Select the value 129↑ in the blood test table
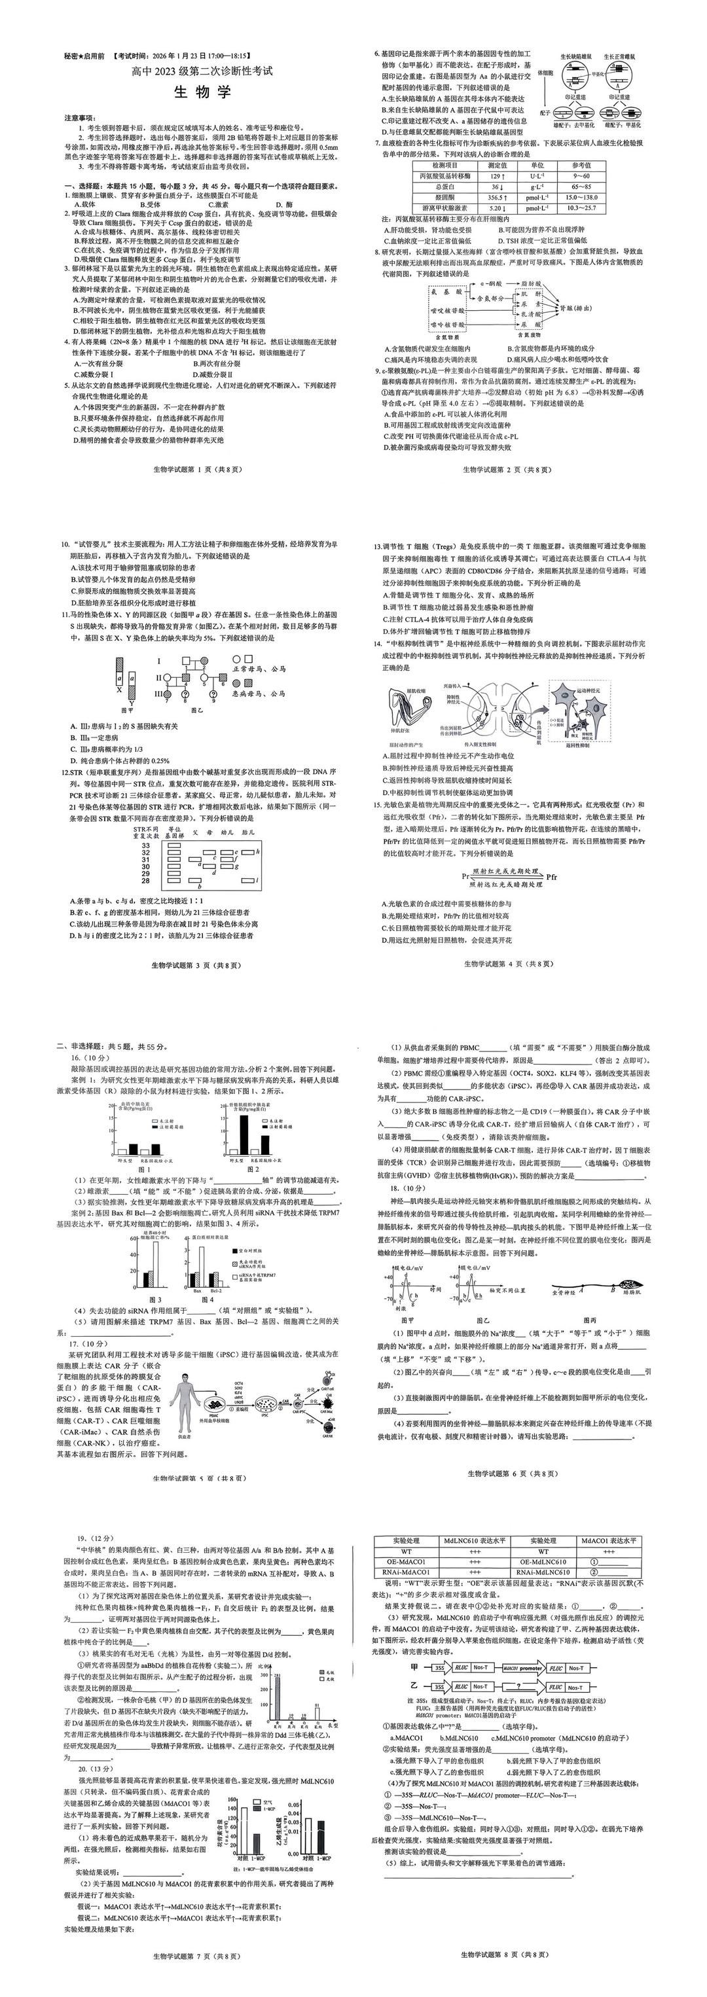pyautogui.click(x=498, y=177)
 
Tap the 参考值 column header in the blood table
pyautogui.click(x=581, y=165)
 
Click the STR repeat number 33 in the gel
pyautogui.click(x=146, y=845)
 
